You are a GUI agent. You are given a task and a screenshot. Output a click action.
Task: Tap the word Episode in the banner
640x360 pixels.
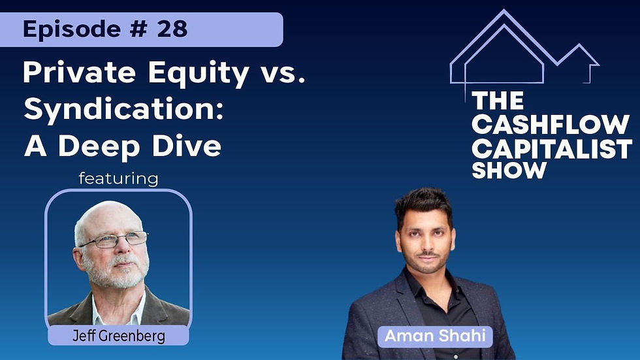click(x=71, y=29)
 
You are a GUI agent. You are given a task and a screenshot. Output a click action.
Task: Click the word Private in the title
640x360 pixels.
click(x=79, y=73)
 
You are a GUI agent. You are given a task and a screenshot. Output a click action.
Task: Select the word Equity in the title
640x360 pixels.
click(x=199, y=74)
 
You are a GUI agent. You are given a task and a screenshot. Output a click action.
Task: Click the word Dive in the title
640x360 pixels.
click(x=187, y=146)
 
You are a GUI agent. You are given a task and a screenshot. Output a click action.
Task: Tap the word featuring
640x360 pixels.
click(x=118, y=179)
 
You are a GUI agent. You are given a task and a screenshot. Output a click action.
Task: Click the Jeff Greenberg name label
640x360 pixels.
click(x=119, y=336)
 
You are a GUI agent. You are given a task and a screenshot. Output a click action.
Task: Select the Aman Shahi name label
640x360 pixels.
click(x=435, y=336)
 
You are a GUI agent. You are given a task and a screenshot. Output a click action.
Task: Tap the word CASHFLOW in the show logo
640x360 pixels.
click(x=550, y=124)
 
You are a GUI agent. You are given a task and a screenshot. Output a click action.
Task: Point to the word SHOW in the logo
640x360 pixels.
click(x=509, y=171)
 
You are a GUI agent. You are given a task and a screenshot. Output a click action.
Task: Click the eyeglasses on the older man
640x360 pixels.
click(x=113, y=240)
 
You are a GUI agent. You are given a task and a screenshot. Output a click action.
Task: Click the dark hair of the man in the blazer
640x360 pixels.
click(x=423, y=206)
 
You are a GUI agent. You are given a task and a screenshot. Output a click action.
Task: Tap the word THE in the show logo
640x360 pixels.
click(x=498, y=101)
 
